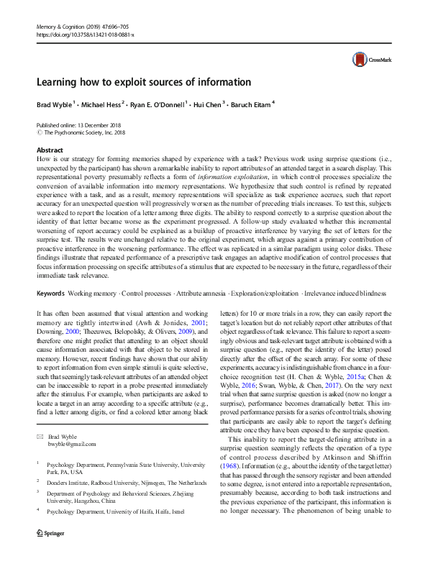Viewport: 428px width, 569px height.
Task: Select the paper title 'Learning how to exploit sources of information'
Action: pyautogui.click(x=144, y=82)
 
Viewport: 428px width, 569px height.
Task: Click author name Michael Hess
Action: pyautogui.click(x=101, y=104)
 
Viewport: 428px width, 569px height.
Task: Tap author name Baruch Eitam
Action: pyautogui.click(x=251, y=104)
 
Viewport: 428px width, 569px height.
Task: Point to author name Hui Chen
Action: pyautogui.click(x=205, y=104)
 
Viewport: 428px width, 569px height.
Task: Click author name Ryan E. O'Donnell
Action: pyautogui.click(x=158, y=104)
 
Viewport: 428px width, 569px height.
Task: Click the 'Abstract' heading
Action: pyautogui.click(x=50, y=150)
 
